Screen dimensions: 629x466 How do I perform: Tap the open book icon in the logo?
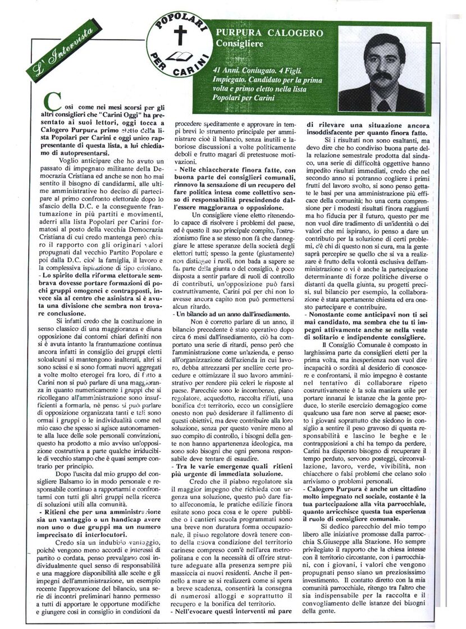click(180, 56)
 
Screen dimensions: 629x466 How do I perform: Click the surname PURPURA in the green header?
click(243, 33)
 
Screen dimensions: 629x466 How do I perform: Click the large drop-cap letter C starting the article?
click(52, 102)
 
